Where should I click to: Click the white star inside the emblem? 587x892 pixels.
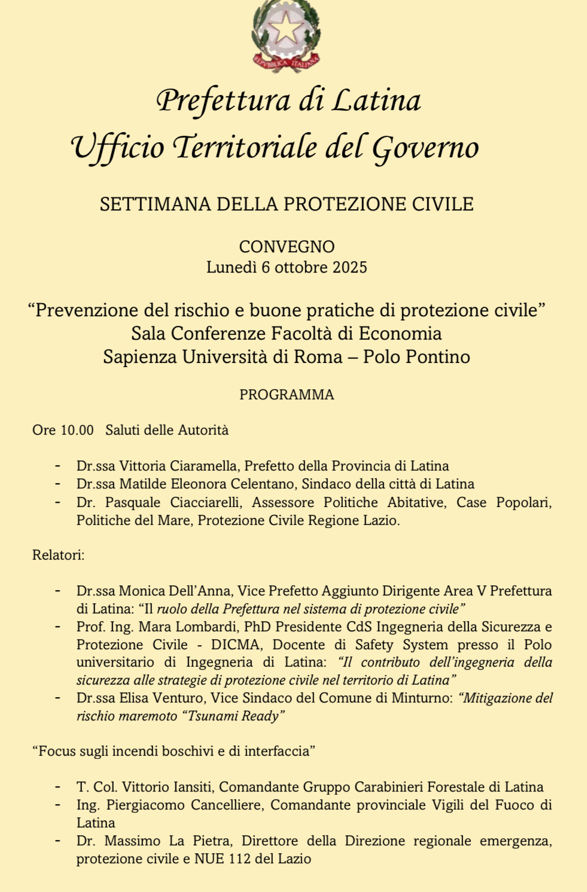click(x=285, y=28)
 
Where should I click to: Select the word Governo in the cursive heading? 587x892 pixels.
click(x=426, y=148)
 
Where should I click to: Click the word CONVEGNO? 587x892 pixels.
click(x=287, y=246)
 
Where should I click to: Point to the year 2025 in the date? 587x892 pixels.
click(x=350, y=267)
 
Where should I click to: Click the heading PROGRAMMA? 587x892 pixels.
click(x=287, y=395)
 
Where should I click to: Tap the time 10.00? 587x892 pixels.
click(x=77, y=430)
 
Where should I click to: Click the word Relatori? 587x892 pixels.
click(x=57, y=555)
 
